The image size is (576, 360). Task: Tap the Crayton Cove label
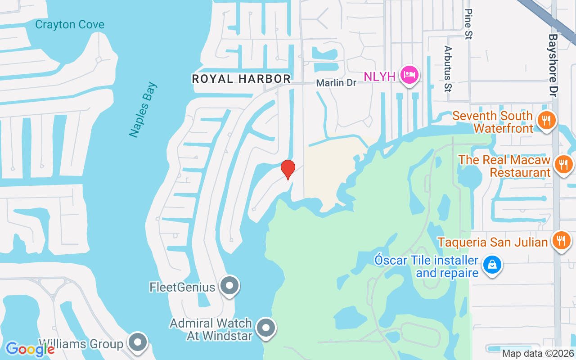(70, 24)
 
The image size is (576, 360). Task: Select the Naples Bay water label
(143, 110)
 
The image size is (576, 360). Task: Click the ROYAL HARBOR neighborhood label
(241, 79)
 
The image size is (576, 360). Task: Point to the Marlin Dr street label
(336, 83)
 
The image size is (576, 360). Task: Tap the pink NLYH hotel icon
(409, 74)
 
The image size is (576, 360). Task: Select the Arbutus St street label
(447, 68)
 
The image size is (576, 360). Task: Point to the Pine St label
(468, 24)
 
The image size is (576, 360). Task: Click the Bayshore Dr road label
(553, 65)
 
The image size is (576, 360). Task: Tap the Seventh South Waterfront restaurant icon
(547, 120)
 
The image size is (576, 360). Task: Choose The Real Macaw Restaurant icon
(563, 164)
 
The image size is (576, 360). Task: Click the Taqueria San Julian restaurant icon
(560, 240)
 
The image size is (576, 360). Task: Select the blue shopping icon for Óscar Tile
(492, 264)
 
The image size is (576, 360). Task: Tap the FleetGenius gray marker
(230, 285)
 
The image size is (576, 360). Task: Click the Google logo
(30, 349)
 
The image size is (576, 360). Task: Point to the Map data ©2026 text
(538, 354)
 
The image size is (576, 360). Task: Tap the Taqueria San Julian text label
(493, 242)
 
